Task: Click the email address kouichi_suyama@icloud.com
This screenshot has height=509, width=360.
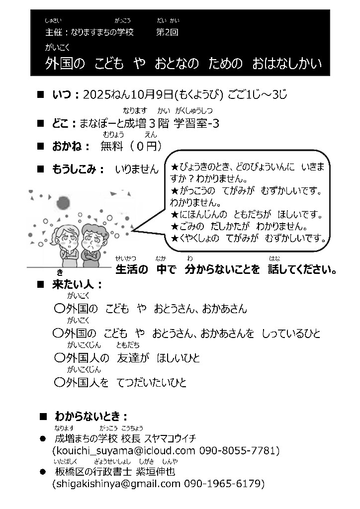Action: click(x=124, y=451)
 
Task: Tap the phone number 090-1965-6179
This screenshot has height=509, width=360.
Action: click(x=224, y=483)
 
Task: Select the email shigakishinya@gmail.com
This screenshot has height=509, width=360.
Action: click(x=117, y=483)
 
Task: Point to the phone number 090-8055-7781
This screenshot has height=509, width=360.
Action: click(x=238, y=451)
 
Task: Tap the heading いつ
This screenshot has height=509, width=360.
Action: click(x=63, y=94)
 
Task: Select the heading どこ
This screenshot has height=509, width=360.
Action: click(x=63, y=122)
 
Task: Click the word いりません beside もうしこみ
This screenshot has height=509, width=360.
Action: click(x=136, y=170)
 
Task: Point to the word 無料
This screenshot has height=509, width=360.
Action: click(x=111, y=146)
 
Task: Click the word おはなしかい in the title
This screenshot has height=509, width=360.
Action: click(x=287, y=63)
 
